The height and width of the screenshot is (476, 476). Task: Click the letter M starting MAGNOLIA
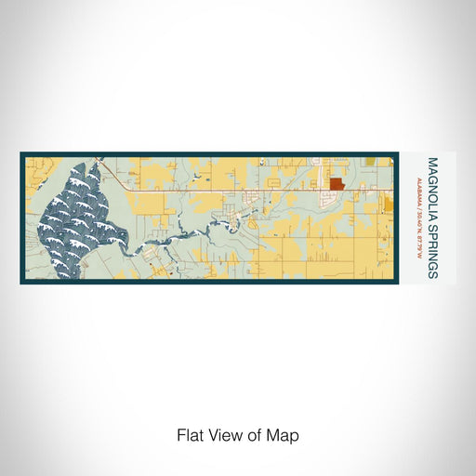432,160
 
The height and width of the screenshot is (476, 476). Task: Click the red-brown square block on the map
337,184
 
